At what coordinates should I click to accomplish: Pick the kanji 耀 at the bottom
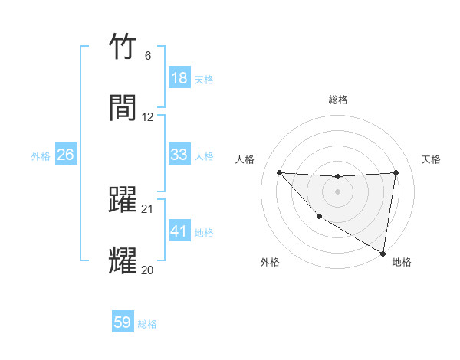123,260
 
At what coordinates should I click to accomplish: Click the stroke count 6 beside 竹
147,57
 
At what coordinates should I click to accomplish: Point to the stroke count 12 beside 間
147,117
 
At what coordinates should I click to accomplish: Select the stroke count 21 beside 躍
147,209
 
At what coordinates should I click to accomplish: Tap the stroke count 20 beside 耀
147,270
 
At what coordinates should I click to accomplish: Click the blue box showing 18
179,78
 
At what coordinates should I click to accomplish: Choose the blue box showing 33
179,155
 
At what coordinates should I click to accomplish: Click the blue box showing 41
179,231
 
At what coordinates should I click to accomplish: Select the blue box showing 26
65,155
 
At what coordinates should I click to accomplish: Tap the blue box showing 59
123,322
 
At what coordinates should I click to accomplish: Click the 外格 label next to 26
41,156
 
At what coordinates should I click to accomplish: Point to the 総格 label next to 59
147,324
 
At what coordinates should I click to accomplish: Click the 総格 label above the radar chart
338,100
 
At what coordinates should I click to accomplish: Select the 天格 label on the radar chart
431,159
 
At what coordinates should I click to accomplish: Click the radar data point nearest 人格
279,172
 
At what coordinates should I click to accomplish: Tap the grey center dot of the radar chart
337,191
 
